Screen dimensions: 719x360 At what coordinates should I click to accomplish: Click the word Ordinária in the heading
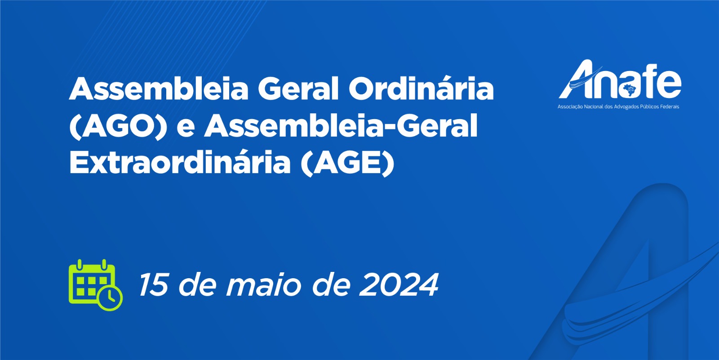click(x=421, y=88)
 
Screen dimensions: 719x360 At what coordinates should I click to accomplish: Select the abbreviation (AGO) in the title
click(x=118, y=126)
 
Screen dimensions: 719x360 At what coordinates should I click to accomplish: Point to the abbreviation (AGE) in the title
click(x=347, y=162)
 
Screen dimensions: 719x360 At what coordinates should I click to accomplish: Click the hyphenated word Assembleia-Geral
click(x=341, y=125)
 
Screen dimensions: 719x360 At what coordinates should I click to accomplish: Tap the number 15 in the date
click(x=153, y=284)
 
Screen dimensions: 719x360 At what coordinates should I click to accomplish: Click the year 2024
click(x=399, y=284)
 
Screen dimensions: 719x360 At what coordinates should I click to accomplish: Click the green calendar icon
click(x=95, y=285)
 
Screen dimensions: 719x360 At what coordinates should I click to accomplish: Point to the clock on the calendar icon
click(x=110, y=298)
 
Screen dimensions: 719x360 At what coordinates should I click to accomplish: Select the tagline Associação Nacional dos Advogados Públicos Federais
click(x=618, y=107)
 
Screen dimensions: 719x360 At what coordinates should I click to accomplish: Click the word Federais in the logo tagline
click(x=670, y=107)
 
